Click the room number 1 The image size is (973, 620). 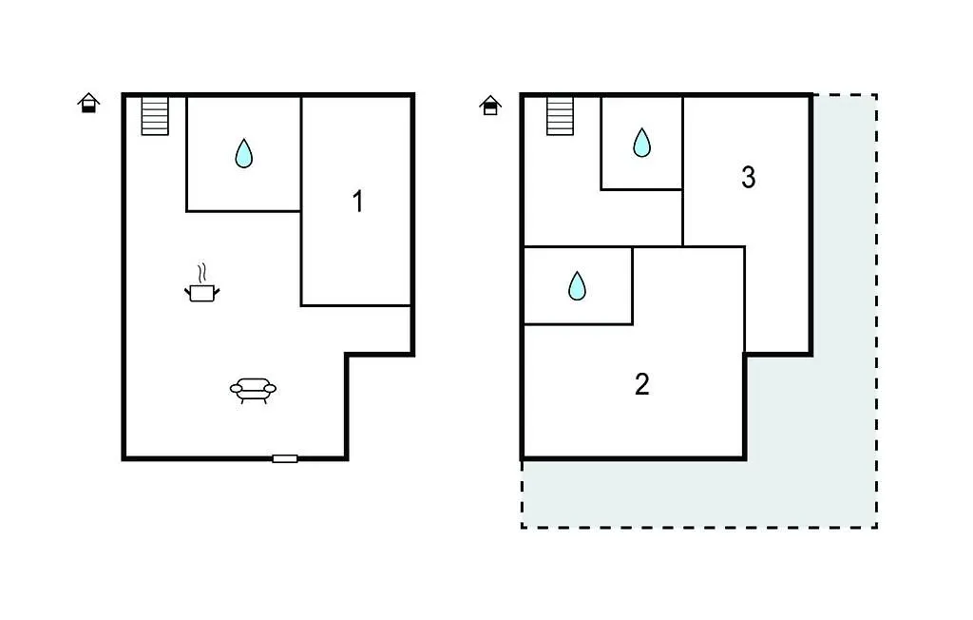click(x=357, y=202)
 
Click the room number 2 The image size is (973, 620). click(x=641, y=384)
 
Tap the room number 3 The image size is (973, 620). click(x=748, y=177)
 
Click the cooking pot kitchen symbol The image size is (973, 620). click(x=201, y=293)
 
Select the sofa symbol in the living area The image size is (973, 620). click(x=253, y=390)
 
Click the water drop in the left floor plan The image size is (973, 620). click(x=244, y=153)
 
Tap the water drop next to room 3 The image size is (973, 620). click(x=642, y=143)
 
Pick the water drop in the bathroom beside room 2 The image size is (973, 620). click(x=577, y=285)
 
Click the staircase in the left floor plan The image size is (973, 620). click(x=155, y=116)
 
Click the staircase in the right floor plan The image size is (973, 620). click(x=560, y=116)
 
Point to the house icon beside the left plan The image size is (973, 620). click(x=88, y=103)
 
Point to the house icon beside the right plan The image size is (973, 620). click(x=490, y=105)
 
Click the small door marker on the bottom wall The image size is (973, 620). click(x=284, y=458)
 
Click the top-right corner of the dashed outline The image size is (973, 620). click(x=875, y=94)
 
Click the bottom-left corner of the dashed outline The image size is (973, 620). click(x=523, y=527)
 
